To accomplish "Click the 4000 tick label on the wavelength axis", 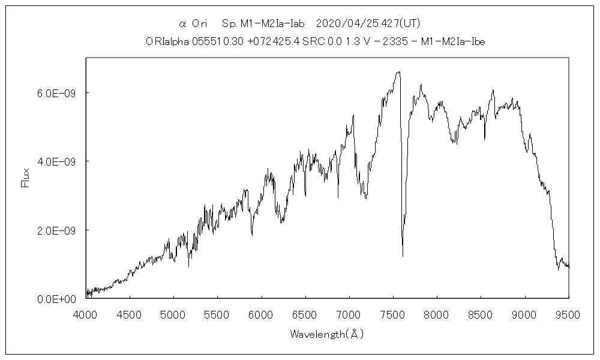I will click(x=86, y=314).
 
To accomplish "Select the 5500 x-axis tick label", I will click(x=217, y=314).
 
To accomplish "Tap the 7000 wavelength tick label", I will click(x=349, y=314).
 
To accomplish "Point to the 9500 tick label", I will click(x=569, y=314).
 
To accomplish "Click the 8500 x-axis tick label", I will click(x=481, y=314).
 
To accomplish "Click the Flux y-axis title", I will click(x=25, y=179).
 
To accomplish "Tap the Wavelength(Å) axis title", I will click(x=326, y=334).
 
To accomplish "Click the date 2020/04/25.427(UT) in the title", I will click(x=367, y=24).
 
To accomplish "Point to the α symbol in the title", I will click(x=183, y=24).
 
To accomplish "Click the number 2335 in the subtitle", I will click(x=410, y=41).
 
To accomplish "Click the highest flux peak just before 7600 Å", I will click(x=398, y=72).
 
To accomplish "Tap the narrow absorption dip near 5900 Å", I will click(x=252, y=235).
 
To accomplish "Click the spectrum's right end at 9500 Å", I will click(x=569, y=266).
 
